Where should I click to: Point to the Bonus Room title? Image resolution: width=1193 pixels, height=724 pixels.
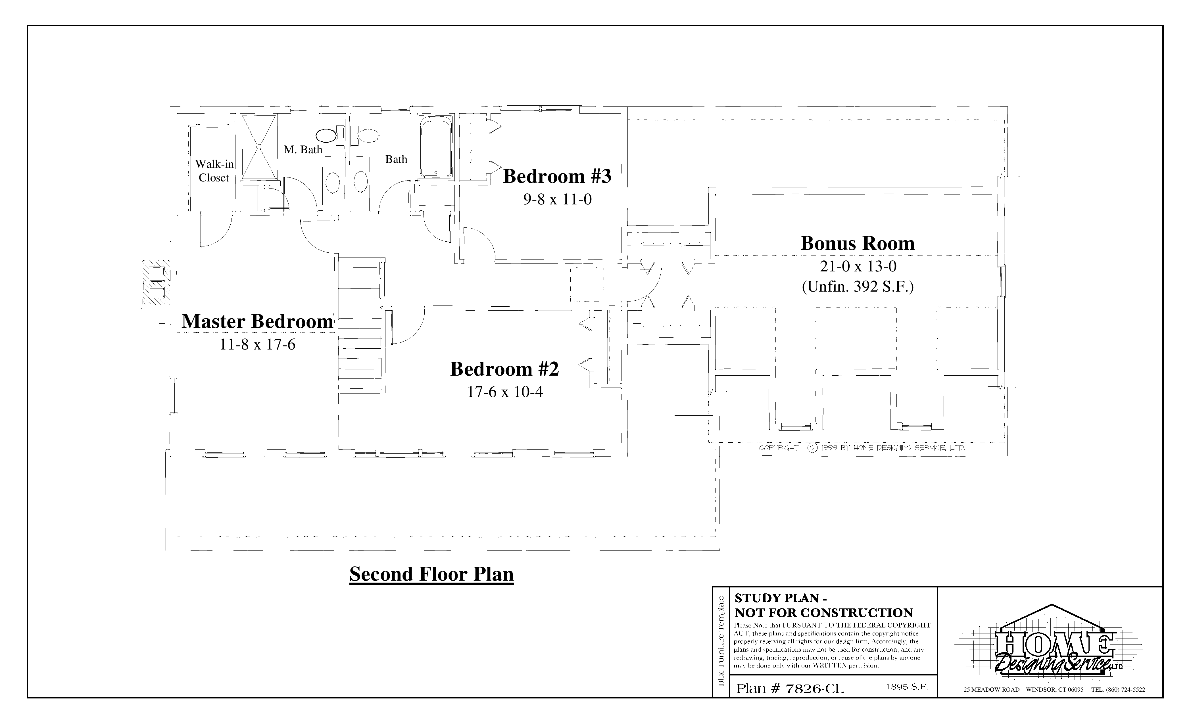[x=858, y=243]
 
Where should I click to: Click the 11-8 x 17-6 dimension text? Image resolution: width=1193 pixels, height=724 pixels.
[x=258, y=345]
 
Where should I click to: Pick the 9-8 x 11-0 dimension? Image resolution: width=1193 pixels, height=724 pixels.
[x=557, y=199]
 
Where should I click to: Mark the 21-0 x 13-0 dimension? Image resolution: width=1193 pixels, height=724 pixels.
[x=858, y=266]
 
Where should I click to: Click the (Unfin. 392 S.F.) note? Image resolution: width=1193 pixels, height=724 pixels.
[x=858, y=287]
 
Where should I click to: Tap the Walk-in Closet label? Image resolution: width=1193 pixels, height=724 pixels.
[x=214, y=171]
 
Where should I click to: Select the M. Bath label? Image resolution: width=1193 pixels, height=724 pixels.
[x=303, y=150]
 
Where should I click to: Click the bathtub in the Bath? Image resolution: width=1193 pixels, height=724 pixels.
[x=436, y=147]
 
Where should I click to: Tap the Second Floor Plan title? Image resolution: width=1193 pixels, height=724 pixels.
[x=431, y=574]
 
